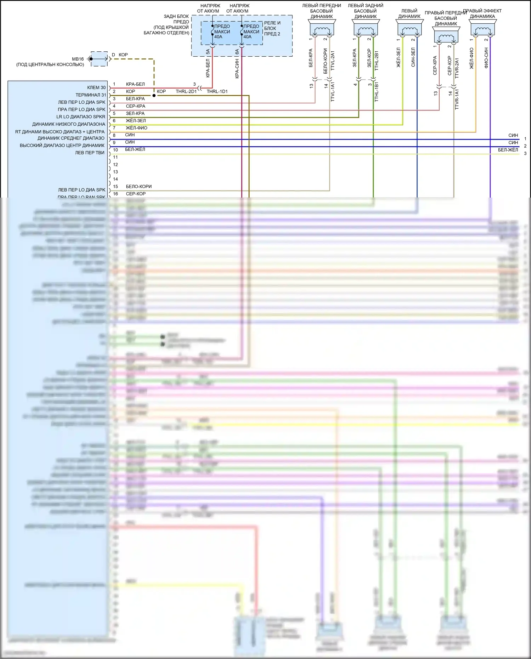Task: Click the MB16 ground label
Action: coord(78,59)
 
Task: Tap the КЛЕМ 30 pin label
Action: coord(96,87)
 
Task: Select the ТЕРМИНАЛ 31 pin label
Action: coord(91,95)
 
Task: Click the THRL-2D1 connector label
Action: coord(186,91)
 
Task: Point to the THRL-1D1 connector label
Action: coord(217,91)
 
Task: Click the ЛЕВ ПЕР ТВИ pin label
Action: coord(90,153)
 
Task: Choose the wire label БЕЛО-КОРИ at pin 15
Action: coord(139,186)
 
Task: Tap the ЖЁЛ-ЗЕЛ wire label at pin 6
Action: coord(136,121)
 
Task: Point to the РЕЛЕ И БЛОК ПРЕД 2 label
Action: coord(272,28)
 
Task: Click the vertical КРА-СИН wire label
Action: coord(237,69)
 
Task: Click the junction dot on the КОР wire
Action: coord(154,96)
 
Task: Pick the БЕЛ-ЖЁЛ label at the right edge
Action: coord(508,150)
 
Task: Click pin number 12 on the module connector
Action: coord(115,165)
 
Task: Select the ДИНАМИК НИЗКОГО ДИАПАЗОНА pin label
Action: coord(69,124)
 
